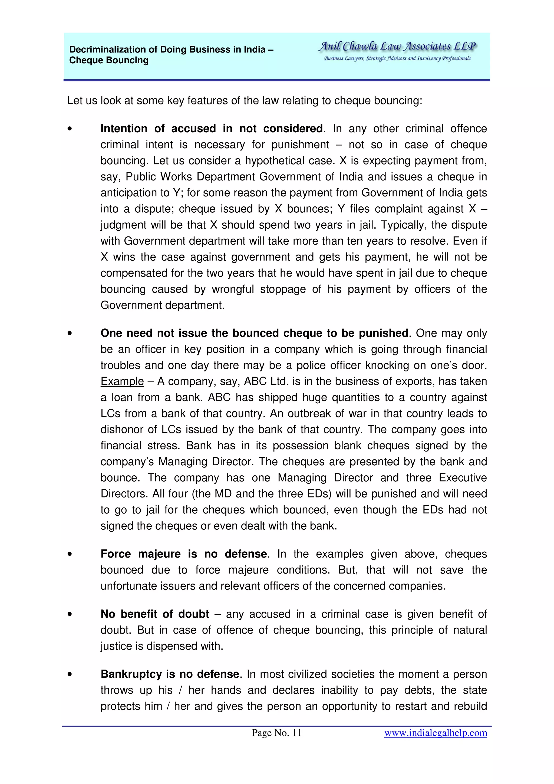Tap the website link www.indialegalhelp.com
pos(435,732)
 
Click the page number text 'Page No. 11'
pos(276,732)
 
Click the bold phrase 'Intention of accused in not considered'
pos(211,129)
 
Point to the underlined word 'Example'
pos(122,381)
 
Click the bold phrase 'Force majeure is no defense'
pos(183,554)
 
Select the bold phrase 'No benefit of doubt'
pos(155,614)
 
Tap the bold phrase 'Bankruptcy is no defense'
pos(170,674)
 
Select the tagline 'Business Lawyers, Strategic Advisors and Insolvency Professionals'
pos(397,58)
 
